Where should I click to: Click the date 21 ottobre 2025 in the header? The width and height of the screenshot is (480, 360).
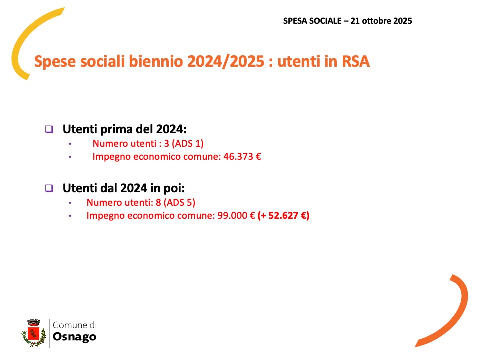pyautogui.click(x=381, y=21)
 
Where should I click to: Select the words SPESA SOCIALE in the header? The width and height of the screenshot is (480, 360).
pyautogui.click(x=312, y=21)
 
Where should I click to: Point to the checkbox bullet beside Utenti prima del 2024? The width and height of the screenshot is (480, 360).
pyautogui.click(x=49, y=129)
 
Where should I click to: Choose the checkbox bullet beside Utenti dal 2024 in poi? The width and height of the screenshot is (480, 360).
pyautogui.click(x=49, y=188)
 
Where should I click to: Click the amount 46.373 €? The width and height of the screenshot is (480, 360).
pyautogui.click(x=242, y=156)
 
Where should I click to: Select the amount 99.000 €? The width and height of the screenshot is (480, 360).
pyautogui.click(x=236, y=216)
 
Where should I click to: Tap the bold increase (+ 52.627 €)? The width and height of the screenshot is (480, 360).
pyautogui.click(x=284, y=216)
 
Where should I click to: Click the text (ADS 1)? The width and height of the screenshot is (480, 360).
pyautogui.click(x=187, y=144)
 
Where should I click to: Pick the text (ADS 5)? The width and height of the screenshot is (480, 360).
pyautogui.click(x=179, y=202)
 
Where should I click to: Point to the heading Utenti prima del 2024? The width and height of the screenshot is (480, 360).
pyautogui.click(x=125, y=129)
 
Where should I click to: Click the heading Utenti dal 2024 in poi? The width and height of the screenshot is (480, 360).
pyautogui.click(x=124, y=188)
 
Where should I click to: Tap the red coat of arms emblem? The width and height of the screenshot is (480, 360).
pyautogui.click(x=33, y=333)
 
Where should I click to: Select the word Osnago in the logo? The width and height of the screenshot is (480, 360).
pyautogui.click(x=74, y=337)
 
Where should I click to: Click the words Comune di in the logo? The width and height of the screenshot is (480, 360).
pyautogui.click(x=75, y=325)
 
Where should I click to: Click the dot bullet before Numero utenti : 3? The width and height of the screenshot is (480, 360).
pyautogui.click(x=70, y=144)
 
